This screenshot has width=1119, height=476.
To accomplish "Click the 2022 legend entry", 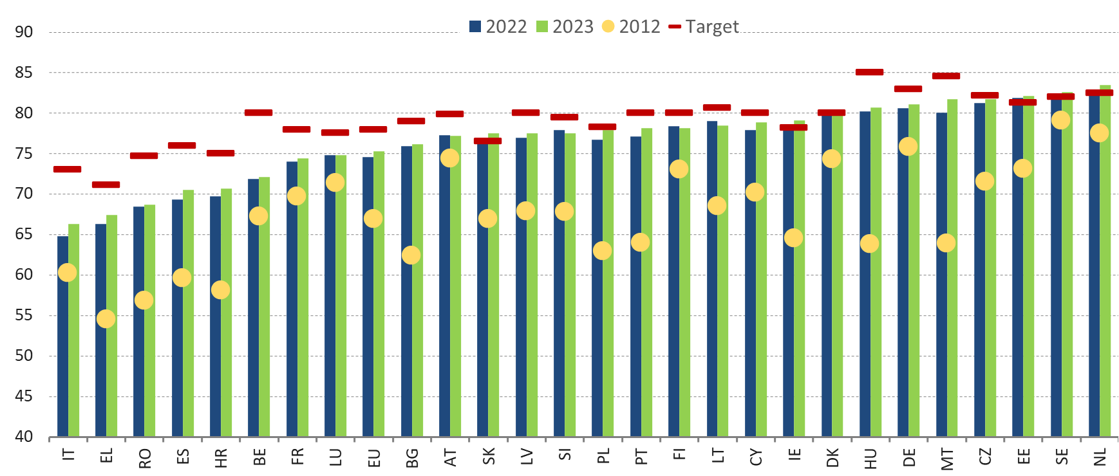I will [x=498, y=27].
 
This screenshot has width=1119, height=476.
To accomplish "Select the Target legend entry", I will [x=704, y=27].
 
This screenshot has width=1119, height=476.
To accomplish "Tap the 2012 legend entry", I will [x=631, y=27].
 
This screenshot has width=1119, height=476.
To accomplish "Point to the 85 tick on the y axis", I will [x=24, y=73].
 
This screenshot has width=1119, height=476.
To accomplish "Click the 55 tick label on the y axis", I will [x=24, y=315].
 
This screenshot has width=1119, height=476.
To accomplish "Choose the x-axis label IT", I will [x=68, y=455].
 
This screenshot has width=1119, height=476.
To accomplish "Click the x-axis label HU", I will [x=870, y=458].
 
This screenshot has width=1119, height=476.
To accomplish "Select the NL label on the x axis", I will [x=1100, y=457].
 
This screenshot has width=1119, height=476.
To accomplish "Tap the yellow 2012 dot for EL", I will [x=106, y=319].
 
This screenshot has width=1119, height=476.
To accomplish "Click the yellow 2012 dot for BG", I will [x=411, y=255].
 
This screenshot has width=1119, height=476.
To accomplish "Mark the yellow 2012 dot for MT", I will [x=946, y=243].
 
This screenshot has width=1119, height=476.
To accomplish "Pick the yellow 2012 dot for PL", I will [x=602, y=251].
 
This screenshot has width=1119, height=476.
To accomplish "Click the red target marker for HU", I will [x=869, y=72].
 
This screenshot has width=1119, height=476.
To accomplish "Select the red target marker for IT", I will [x=68, y=169].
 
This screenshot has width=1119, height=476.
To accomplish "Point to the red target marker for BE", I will [x=258, y=113].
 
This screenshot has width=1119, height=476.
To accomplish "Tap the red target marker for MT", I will [x=946, y=76].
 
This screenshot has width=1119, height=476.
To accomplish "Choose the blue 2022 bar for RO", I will [x=138, y=322].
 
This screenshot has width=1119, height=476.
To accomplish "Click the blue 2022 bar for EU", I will [x=368, y=297].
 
